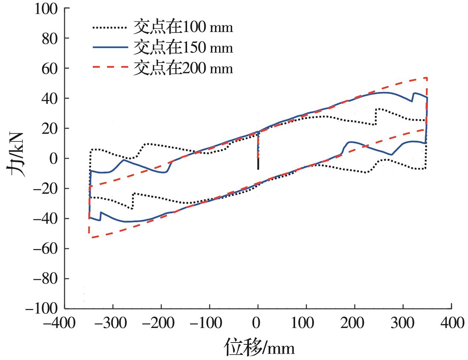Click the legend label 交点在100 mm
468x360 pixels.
pyautogui.click(x=183, y=28)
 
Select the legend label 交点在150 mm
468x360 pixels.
pyautogui.click(x=183, y=48)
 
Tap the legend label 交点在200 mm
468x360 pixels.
pyautogui.click(x=183, y=69)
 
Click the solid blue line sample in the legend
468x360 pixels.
pyautogui.click(x=110, y=48)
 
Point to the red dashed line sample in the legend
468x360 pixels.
pyautogui.click(x=110, y=68)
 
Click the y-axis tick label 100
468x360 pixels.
pyautogui.click(x=46, y=9)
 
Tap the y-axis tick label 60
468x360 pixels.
pyautogui.click(x=50, y=69)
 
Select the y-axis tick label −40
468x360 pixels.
pyautogui.click(x=46, y=219)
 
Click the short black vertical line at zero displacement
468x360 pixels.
pyautogui.click(x=258, y=164)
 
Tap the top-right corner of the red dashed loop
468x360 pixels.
pyautogui.click(x=427, y=78)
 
